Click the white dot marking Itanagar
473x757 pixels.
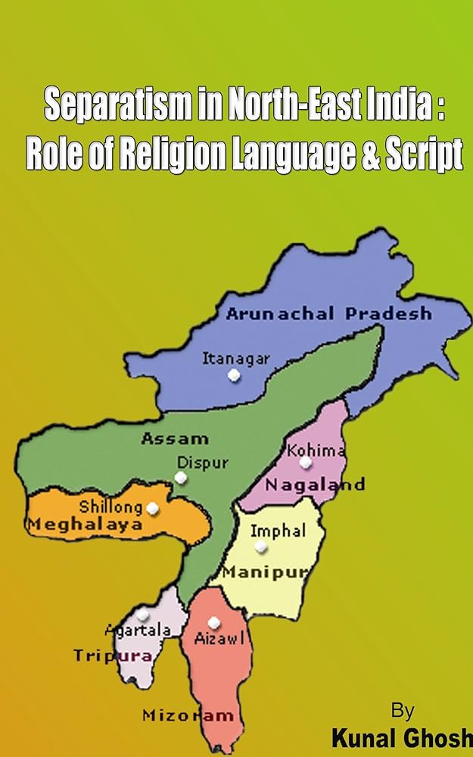235,375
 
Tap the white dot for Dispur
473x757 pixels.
180,478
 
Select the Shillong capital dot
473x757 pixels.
153,508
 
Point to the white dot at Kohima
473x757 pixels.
305,462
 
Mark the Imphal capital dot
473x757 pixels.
261,546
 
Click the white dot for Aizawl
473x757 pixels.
214,622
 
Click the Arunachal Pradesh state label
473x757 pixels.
328,313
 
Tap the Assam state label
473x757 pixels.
174,438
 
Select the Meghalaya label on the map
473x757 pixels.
85,525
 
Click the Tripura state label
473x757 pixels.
113,656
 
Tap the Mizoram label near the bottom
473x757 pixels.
188,715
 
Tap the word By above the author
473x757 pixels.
403,712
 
